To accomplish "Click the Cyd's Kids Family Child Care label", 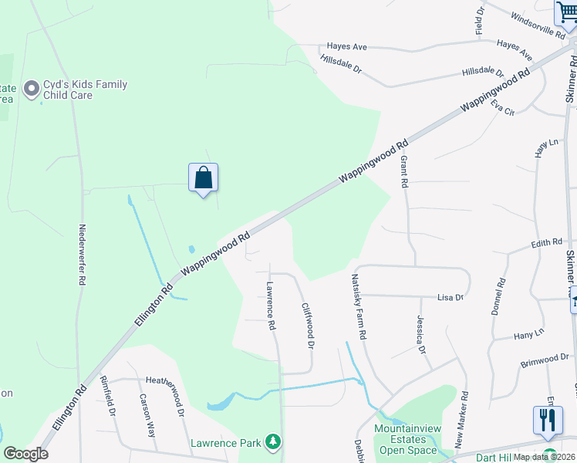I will pyautogui.click(x=85, y=90).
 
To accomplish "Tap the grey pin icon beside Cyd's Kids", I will pyautogui.click(x=32, y=90).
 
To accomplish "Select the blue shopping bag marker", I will pyautogui.click(x=203, y=178).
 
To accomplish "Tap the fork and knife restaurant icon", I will pyautogui.click(x=548, y=420).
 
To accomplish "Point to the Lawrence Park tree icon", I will pyautogui.click(x=272, y=442).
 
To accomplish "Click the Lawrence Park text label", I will pyautogui.click(x=225, y=443).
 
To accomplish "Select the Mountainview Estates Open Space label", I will pyautogui.click(x=406, y=439).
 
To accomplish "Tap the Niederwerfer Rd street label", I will pyautogui.click(x=82, y=255).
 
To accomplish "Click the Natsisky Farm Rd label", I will pyautogui.click(x=359, y=308).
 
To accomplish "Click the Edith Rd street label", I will pyautogui.click(x=546, y=243).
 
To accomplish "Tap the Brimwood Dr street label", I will pyautogui.click(x=544, y=360).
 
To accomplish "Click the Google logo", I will pyautogui.click(x=25, y=454).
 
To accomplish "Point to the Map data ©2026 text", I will pyautogui.click(x=543, y=457).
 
